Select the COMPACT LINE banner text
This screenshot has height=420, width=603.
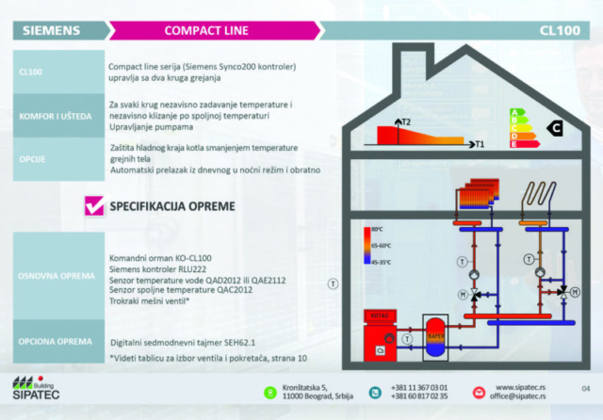point(205,30)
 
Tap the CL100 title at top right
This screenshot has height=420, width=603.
point(559,30)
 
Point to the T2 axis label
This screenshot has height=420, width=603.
point(406,122)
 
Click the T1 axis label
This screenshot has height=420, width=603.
point(479,145)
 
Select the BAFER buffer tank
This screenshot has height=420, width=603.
point(436,334)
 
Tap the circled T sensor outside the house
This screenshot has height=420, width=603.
point(332,282)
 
